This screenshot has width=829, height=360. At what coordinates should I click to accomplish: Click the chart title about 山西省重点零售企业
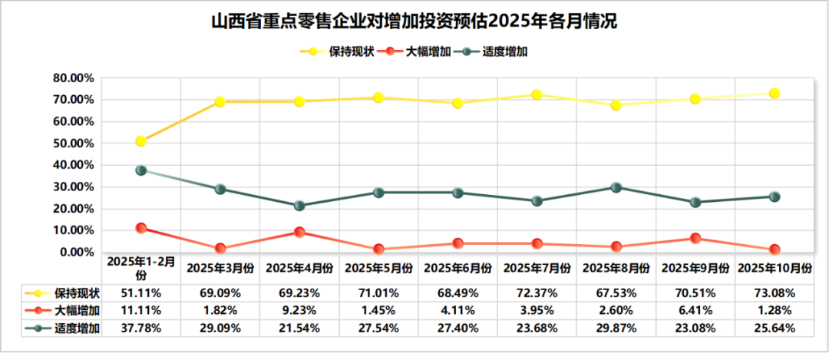(414, 21)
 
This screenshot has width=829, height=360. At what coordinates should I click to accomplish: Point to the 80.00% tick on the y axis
(73, 78)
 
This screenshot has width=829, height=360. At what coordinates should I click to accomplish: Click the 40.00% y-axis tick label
(73, 165)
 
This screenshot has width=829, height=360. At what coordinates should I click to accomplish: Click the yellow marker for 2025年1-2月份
(141, 141)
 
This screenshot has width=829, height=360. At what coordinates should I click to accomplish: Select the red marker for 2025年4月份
(299, 232)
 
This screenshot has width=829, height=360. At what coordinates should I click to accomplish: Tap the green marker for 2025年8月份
(616, 187)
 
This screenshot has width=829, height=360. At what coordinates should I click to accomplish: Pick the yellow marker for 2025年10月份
(775, 93)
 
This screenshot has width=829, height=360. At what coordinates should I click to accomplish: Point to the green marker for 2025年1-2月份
(141, 170)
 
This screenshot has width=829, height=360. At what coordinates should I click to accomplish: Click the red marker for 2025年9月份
(695, 238)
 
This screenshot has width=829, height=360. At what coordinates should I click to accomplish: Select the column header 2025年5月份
(378, 268)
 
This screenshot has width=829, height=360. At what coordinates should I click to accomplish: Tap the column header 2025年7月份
(537, 268)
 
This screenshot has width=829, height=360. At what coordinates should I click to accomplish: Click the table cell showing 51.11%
(141, 293)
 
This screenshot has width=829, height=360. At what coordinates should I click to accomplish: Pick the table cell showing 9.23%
(299, 310)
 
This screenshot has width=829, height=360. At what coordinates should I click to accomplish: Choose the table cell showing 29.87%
(616, 328)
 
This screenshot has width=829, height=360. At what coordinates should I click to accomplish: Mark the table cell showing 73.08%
(775, 293)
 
